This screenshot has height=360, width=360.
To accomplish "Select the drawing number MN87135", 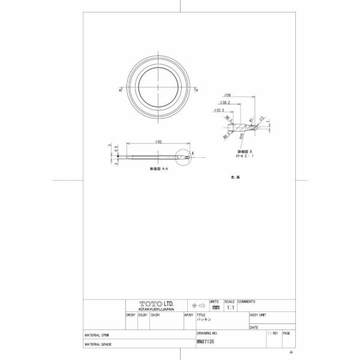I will [205, 341].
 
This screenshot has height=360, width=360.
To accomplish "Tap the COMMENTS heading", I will [246, 301].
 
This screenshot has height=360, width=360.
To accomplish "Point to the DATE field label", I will [253, 328].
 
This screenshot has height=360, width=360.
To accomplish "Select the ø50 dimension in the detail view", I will [228, 95].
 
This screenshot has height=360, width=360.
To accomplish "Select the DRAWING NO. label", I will [206, 332].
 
